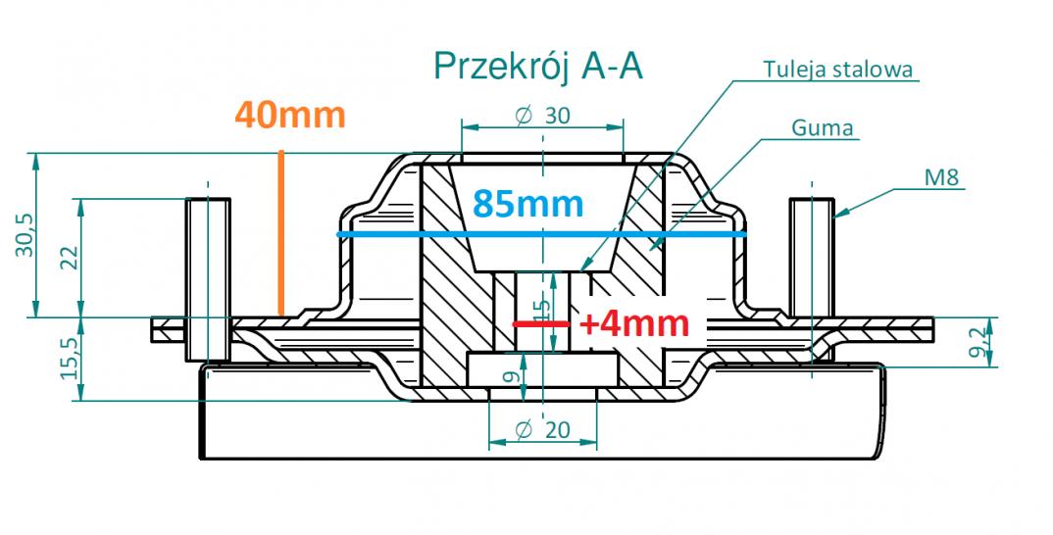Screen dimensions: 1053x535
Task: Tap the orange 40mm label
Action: [x=290, y=115]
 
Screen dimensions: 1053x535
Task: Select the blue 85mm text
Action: [x=527, y=204]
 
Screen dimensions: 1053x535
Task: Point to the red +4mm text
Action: [x=634, y=324]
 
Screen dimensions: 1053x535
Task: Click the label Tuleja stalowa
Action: [x=837, y=70]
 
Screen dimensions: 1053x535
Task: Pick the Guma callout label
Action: [x=822, y=127]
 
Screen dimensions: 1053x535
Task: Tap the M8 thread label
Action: [x=942, y=178]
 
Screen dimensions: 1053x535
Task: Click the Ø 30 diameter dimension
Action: [x=542, y=116]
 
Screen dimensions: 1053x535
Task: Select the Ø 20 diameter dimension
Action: [x=542, y=429]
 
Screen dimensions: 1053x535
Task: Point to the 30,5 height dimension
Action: [x=25, y=235]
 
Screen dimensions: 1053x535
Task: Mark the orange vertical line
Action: [x=281, y=233]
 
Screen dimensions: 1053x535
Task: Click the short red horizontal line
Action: [x=541, y=324]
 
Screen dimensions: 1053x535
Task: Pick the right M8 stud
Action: [x=812, y=258]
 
